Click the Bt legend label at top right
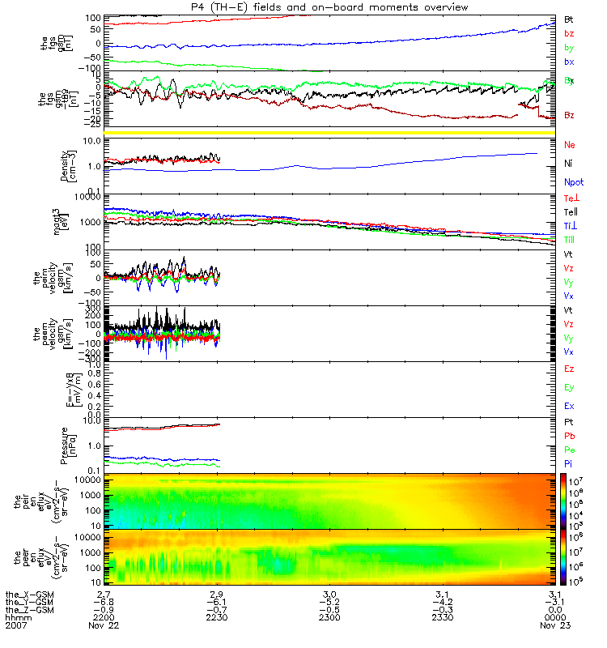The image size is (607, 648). (x=569, y=18)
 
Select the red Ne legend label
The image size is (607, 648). (x=570, y=144)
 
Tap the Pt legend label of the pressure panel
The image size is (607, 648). (x=570, y=424)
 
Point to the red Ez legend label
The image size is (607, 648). (x=570, y=369)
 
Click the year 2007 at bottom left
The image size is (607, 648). (x=16, y=626)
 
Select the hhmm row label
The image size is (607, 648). (x=16, y=618)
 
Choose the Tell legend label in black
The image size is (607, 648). (x=570, y=212)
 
